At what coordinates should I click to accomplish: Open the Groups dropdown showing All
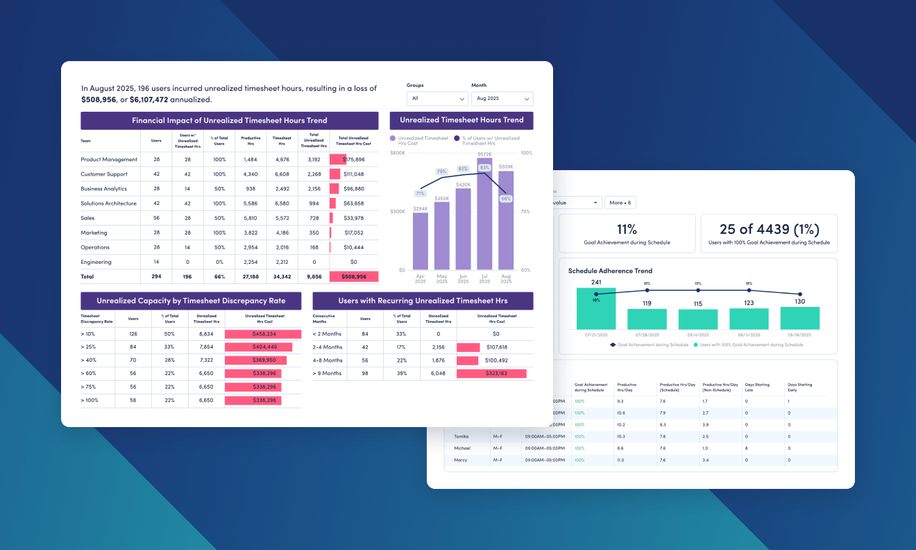(437, 99)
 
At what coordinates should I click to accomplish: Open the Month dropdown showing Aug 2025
(502, 99)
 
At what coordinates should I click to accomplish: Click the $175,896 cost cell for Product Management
(354, 160)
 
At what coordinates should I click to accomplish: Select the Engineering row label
(96, 262)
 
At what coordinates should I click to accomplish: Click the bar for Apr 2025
(421, 240)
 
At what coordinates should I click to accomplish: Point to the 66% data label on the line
(506, 199)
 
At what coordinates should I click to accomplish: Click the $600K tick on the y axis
(398, 153)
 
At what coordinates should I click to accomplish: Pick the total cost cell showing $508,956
(354, 276)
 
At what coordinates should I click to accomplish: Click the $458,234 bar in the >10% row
(262, 334)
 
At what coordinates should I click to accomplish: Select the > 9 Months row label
(328, 374)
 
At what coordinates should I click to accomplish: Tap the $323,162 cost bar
(491, 374)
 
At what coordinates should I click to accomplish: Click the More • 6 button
(620, 203)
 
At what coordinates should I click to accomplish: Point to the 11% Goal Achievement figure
(627, 229)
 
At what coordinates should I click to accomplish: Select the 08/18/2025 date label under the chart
(799, 334)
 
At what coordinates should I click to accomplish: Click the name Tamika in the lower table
(461, 436)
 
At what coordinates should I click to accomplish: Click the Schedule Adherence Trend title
(610, 271)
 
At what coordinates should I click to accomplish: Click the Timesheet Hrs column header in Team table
(282, 141)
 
